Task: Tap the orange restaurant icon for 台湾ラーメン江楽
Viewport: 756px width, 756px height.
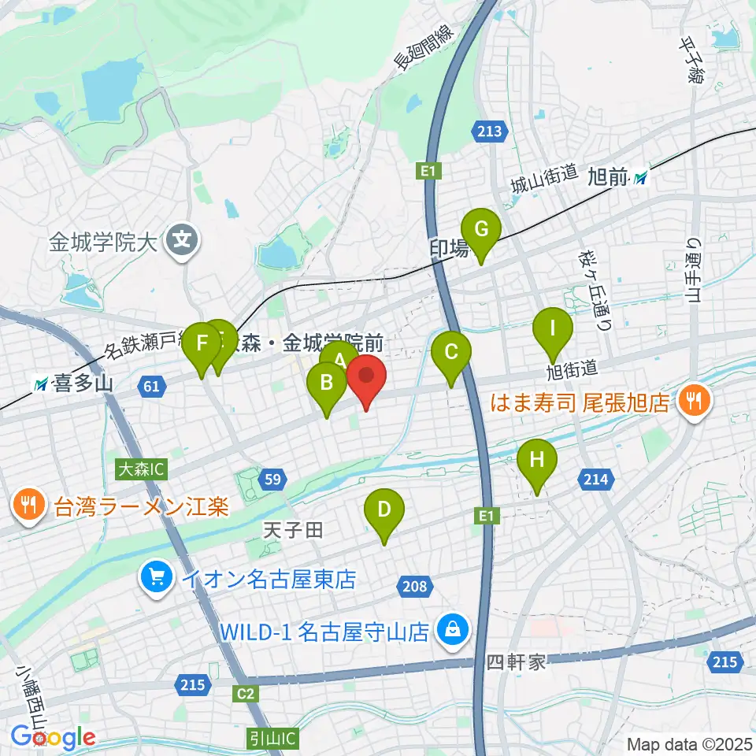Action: pos(29,506)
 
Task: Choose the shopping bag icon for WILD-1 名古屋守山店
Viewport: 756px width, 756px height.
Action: pos(453,631)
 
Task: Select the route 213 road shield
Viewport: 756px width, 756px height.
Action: pos(488,131)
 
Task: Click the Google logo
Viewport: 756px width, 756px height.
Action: pos(54,738)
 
